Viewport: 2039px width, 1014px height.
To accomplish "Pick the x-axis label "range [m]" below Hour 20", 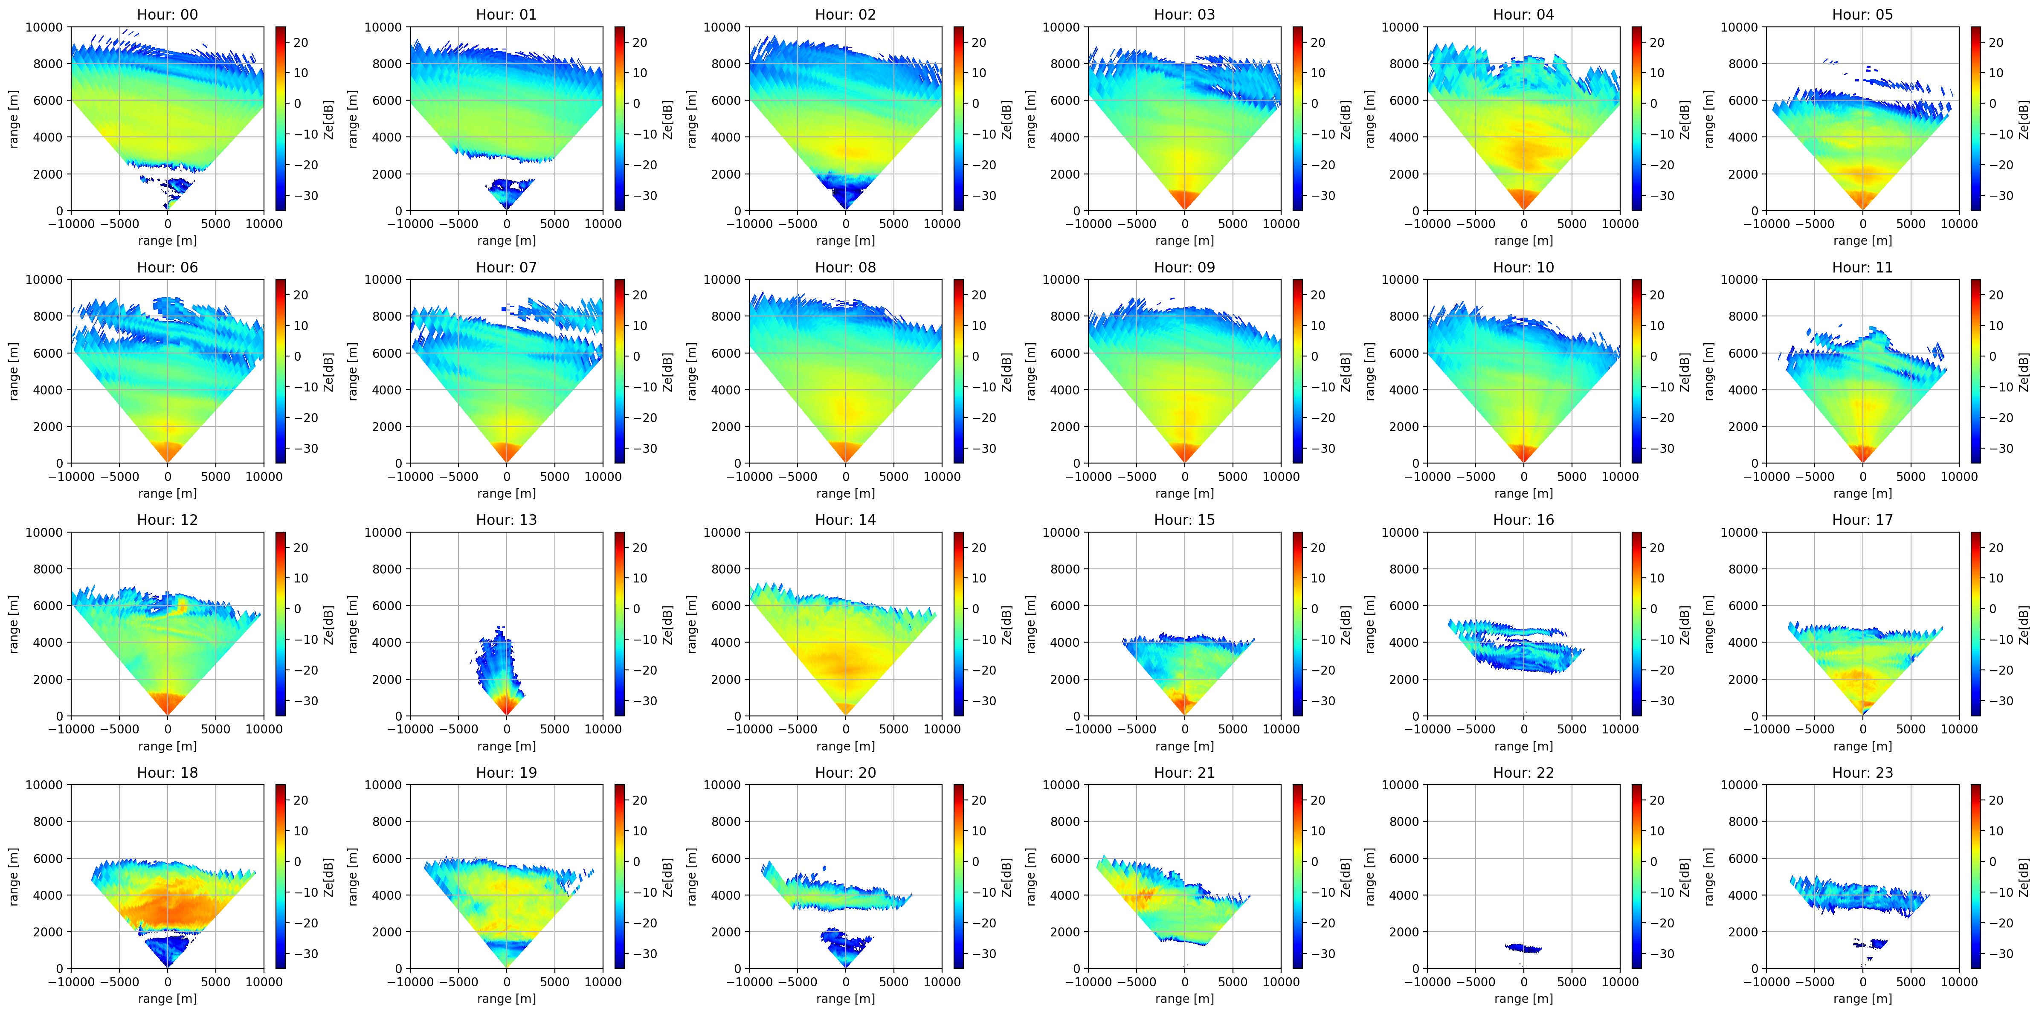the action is coord(845,999).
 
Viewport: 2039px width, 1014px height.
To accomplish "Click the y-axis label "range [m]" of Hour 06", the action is coord(14,371).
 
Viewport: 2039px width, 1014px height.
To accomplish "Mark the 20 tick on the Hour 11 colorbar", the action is coord(1995,295).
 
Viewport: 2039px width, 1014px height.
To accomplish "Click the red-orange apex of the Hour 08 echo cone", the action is coord(845,451).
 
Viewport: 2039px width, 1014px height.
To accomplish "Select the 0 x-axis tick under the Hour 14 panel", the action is coord(845,729).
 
